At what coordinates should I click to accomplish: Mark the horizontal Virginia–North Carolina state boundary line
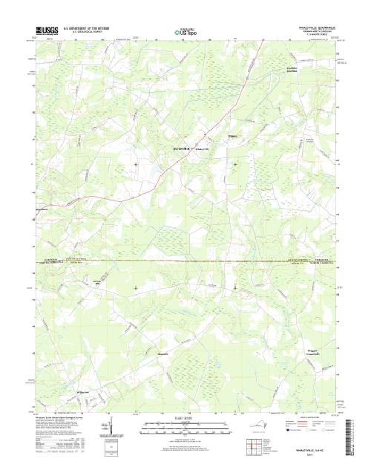coord(185,261)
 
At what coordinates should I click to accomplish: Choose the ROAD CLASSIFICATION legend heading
coord(307,420)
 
